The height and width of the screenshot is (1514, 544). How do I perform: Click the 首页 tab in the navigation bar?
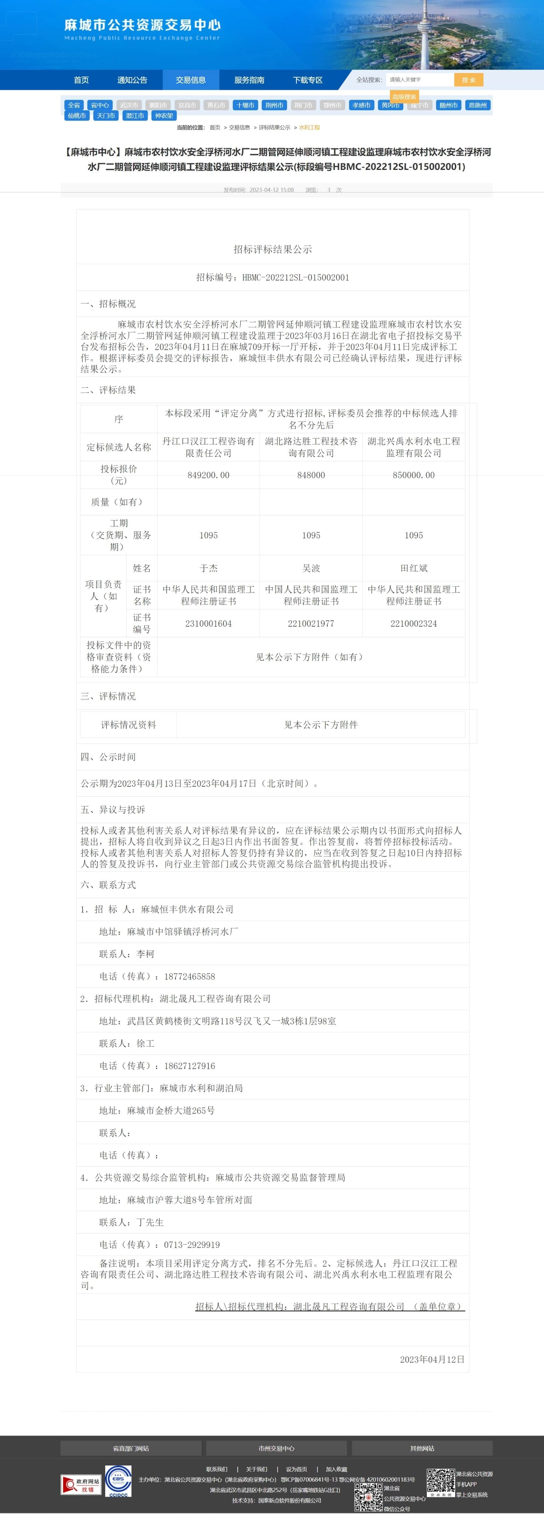pos(81,80)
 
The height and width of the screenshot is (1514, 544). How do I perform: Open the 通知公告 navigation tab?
pos(132,80)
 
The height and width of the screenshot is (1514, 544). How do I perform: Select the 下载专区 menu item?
pos(308,80)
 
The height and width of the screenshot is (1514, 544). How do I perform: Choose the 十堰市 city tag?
pos(245,105)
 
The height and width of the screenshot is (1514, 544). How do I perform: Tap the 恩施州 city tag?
pos(477,105)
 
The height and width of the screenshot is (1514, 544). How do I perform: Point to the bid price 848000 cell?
pos(311,475)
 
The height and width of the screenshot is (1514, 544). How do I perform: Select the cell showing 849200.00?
pos(209,475)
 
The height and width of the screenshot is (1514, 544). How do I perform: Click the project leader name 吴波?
pos(311,568)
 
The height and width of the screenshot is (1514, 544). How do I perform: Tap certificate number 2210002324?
pos(413,623)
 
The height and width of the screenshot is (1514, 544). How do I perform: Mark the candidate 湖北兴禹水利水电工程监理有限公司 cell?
pos(413,447)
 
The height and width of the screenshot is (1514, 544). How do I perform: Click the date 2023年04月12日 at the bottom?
pos(432,1359)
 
